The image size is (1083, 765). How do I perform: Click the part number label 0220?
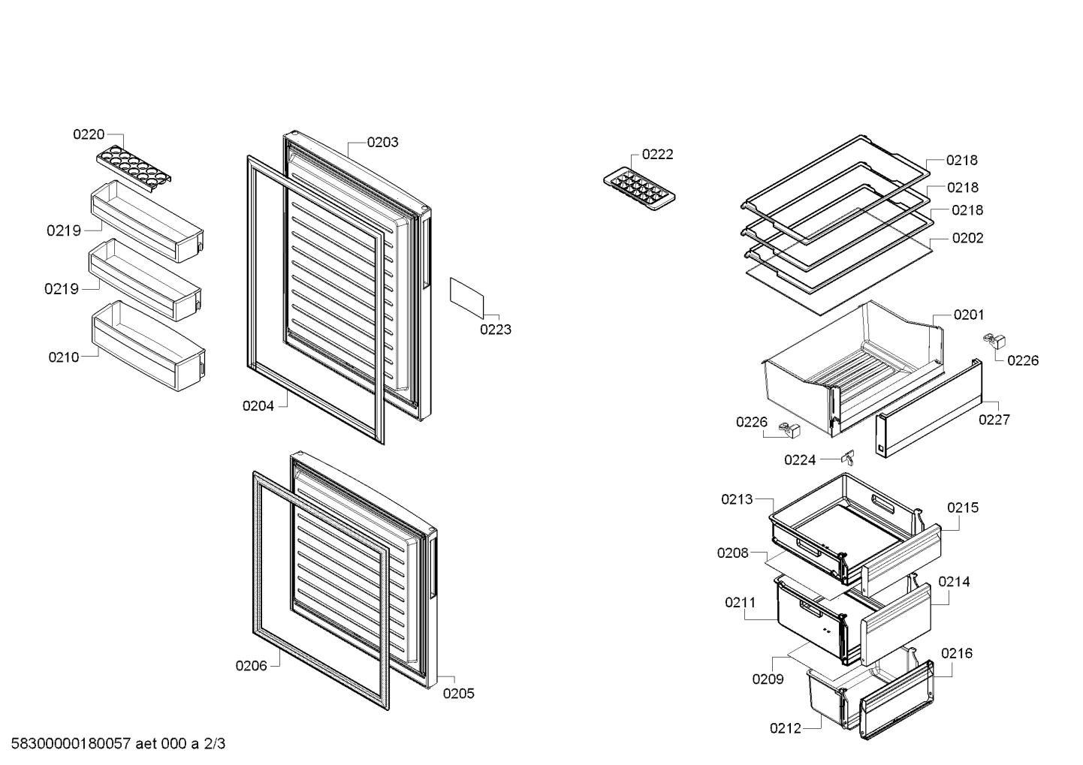(89, 134)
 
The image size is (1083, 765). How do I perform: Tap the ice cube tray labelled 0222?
(639, 188)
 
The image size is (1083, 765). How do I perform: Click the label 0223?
(496, 330)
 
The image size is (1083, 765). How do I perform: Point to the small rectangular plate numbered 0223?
(467, 298)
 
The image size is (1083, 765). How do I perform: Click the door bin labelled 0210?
(149, 345)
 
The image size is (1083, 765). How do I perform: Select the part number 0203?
(382, 142)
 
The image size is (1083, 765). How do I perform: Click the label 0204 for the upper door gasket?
(258, 406)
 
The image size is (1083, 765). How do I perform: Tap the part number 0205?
(458, 694)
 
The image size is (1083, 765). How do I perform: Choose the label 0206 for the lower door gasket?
(251, 666)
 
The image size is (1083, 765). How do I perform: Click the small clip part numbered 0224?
(849, 456)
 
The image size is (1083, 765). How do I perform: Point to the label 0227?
(994, 420)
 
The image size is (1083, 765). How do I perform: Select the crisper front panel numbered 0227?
(929, 408)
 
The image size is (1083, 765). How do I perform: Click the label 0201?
(968, 315)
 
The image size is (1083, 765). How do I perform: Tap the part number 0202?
(967, 238)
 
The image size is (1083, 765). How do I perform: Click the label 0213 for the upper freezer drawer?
(737, 499)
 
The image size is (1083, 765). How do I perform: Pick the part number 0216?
(956, 653)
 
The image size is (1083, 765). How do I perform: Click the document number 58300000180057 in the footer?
(71, 744)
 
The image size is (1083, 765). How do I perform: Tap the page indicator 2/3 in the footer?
(214, 744)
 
